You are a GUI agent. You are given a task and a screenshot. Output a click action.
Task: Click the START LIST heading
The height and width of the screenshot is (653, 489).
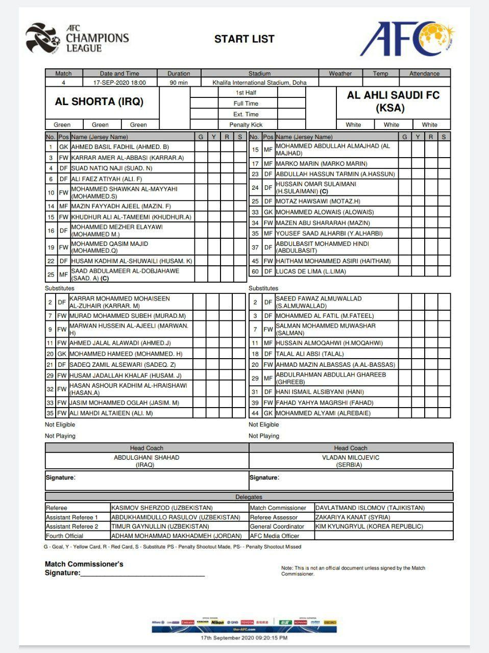[244, 39]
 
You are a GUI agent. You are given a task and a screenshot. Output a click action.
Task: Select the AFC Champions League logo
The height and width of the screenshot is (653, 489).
[78, 39]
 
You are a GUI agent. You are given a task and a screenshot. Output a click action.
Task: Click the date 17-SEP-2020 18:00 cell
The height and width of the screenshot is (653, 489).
[119, 83]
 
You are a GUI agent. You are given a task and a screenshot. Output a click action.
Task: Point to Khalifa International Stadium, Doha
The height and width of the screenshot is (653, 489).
[260, 83]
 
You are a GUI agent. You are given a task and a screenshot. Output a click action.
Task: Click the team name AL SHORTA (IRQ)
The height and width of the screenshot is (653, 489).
[99, 102]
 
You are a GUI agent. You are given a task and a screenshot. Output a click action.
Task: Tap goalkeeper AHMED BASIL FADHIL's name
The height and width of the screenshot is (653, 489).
[120, 147]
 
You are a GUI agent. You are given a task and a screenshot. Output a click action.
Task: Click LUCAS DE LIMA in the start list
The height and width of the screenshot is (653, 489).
[311, 272]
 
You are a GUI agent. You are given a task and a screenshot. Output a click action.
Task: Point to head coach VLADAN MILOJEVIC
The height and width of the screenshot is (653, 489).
[351, 458]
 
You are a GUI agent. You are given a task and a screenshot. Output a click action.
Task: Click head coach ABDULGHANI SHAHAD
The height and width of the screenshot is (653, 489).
[146, 458]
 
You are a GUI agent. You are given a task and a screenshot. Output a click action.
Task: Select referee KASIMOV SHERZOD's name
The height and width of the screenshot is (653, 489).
[162, 508]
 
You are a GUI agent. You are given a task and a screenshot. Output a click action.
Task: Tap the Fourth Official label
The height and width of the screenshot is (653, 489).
[65, 536]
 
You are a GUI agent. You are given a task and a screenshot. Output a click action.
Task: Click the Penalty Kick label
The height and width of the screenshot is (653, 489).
[246, 125]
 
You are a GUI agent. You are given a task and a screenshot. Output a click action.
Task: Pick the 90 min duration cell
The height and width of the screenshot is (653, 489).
[179, 83]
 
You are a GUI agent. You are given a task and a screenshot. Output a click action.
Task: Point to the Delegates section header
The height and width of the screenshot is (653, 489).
[249, 497]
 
